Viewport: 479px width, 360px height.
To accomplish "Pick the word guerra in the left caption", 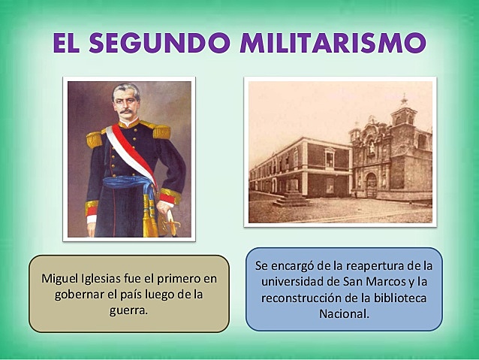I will (x=129, y=308).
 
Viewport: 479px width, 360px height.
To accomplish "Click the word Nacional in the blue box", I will (x=343, y=313).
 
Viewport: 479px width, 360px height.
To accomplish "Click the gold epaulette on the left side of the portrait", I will (x=94, y=139).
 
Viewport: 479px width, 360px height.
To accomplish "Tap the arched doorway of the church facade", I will (x=370, y=184).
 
